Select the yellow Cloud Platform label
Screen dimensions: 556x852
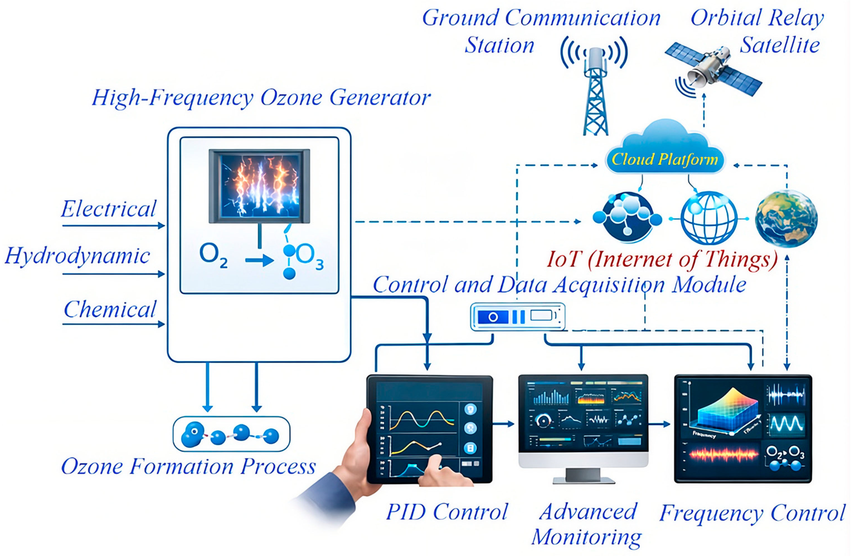point(664,159)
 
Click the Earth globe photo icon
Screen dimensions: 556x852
point(786,218)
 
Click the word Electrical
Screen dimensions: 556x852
point(108,209)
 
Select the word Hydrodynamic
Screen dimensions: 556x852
point(77,256)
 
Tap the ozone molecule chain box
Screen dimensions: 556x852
point(231,434)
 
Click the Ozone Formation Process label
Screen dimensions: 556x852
point(188,466)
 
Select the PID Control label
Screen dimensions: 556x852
point(447,512)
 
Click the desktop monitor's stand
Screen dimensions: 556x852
point(583,476)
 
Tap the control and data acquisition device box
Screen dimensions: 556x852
point(517,316)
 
